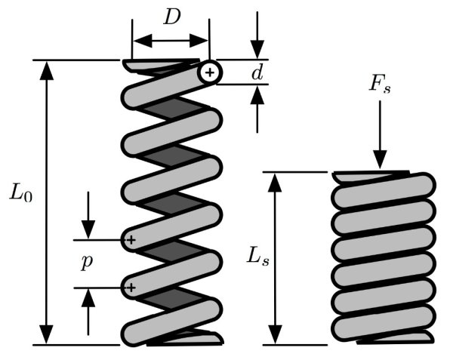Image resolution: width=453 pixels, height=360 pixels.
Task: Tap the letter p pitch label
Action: [88, 262]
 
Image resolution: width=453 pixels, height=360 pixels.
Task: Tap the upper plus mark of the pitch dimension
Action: [131, 240]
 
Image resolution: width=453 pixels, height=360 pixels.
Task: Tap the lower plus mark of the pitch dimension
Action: [131, 287]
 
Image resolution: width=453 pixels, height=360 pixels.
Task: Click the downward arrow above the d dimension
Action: [258, 49]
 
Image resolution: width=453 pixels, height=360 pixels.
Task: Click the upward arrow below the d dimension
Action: [258, 95]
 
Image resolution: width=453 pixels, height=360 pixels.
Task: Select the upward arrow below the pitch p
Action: [88, 299]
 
